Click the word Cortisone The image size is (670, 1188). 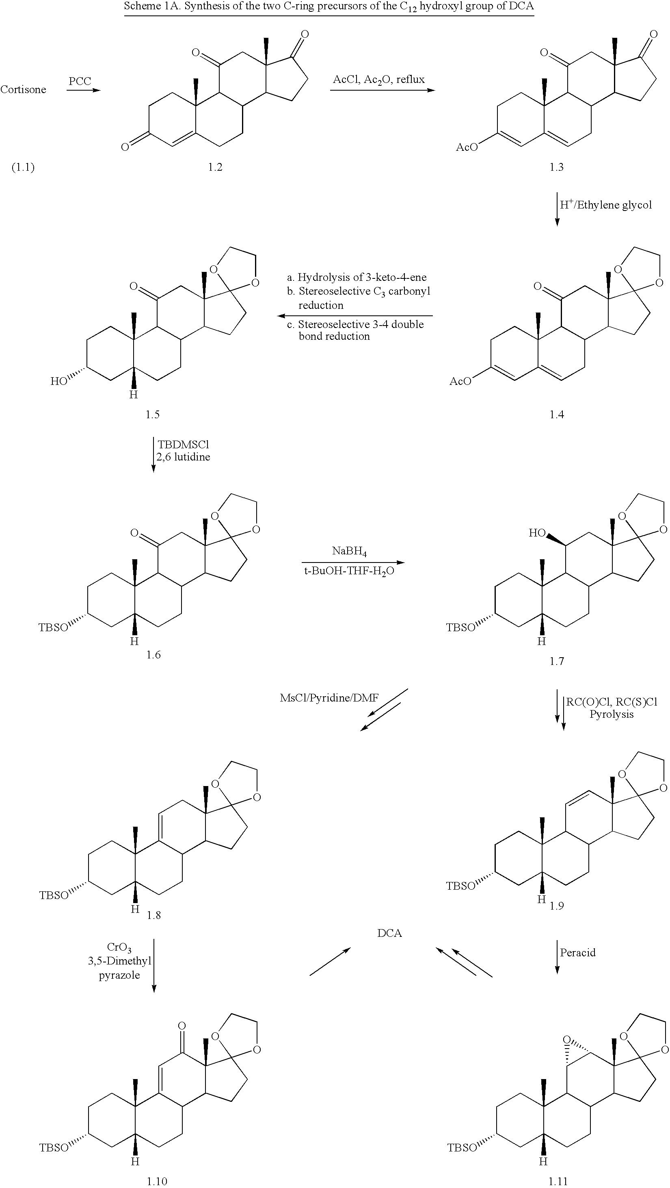coord(24,89)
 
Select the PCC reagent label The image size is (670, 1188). coord(80,81)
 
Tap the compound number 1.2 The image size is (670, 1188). coord(215,167)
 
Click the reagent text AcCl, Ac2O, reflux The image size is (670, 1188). coord(379,80)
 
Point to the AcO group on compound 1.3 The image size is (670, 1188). coord(466,147)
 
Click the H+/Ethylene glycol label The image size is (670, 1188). coord(606,204)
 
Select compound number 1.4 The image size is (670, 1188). coord(556,415)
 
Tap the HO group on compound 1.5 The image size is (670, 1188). coord(58,381)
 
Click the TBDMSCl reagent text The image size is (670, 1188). coord(183,445)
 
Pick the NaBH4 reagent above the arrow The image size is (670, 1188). coord(349,551)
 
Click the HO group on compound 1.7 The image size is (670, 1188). coord(537,533)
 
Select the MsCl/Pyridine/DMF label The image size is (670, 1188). coord(329,698)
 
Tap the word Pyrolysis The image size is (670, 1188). coord(612,715)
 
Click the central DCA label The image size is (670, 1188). coord(389,933)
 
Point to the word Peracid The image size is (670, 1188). coord(578,952)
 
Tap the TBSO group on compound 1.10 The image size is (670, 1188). coord(54,1148)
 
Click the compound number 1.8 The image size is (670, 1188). coord(153,915)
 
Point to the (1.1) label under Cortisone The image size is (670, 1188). coord(23,167)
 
